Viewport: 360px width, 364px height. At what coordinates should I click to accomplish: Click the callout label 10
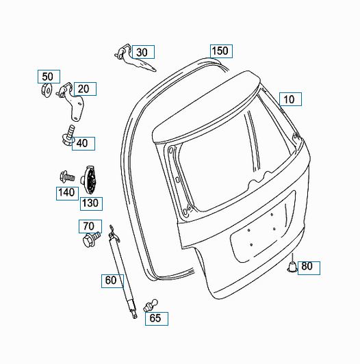[290, 99]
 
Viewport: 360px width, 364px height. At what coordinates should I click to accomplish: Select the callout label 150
[221, 51]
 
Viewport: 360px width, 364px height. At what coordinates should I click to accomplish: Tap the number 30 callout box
[143, 52]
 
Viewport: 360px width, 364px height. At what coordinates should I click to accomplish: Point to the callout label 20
[85, 89]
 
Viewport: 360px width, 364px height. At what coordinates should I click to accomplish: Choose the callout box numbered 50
[49, 77]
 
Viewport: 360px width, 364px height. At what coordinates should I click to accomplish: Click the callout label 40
[83, 144]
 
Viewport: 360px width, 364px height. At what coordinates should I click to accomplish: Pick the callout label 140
[67, 194]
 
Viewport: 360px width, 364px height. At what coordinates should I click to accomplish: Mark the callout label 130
[91, 204]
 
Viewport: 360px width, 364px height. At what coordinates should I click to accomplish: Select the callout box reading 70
[90, 226]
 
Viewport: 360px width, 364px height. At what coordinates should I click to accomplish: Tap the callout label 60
[112, 281]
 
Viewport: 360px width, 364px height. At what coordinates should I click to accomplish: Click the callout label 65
[157, 319]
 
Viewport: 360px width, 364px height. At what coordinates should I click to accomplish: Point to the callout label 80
[309, 268]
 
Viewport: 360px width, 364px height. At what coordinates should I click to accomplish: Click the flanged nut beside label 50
[47, 90]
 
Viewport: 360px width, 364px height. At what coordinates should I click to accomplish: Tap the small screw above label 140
[67, 177]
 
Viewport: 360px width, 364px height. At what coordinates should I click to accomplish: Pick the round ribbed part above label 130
[89, 179]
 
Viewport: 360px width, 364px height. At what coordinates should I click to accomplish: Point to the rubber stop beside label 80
[292, 266]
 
